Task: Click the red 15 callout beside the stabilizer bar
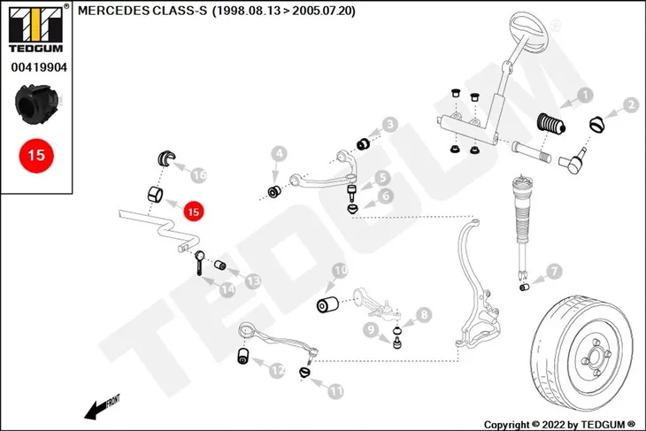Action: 193,212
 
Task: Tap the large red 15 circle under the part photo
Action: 36,156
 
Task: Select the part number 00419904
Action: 39,67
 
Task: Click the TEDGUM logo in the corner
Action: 36,29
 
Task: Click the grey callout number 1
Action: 585,96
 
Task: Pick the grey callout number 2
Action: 631,105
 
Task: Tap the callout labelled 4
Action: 279,155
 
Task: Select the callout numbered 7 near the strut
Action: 555,271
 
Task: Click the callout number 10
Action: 340,271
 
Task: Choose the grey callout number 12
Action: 277,371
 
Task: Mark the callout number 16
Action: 199,176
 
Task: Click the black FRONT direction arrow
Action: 102,406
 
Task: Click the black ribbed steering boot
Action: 550,123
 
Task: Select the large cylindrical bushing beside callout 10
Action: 327,304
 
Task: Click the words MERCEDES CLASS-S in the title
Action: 142,12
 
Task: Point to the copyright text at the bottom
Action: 559,425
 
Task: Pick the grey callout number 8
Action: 424,315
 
